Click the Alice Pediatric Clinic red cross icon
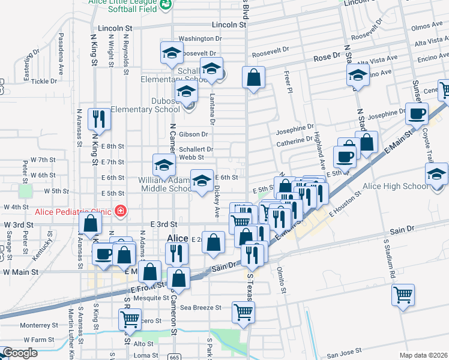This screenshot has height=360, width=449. click(121, 211)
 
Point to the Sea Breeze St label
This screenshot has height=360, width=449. click(201, 307)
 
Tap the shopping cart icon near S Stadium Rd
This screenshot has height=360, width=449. click(403, 295)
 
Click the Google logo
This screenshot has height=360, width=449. click(20, 353)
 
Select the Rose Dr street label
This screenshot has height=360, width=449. click(327, 56)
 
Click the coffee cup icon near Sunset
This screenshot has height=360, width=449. click(417, 113)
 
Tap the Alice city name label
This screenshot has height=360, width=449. click(178, 238)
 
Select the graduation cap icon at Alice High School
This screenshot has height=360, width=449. click(436, 175)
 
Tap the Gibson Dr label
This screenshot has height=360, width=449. click(193, 134)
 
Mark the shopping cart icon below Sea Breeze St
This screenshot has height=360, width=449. click(244, 311)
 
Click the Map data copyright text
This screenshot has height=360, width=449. click(423, 355)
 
